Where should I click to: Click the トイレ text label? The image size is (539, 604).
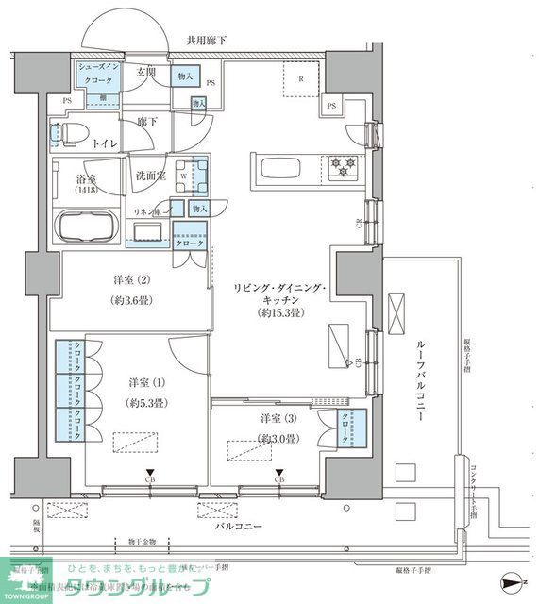pos(105,143)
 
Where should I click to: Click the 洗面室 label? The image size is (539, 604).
pos(150,175)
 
